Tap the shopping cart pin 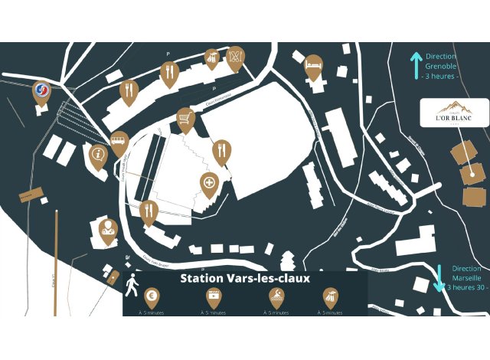185,119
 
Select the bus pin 119,140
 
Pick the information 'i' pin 98,155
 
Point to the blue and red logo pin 42,92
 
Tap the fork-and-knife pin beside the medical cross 221,149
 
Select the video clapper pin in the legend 213,295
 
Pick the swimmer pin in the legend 275,295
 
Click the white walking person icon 132,285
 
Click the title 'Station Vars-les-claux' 245,279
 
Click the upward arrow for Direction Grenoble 416,66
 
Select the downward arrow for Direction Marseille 439,277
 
